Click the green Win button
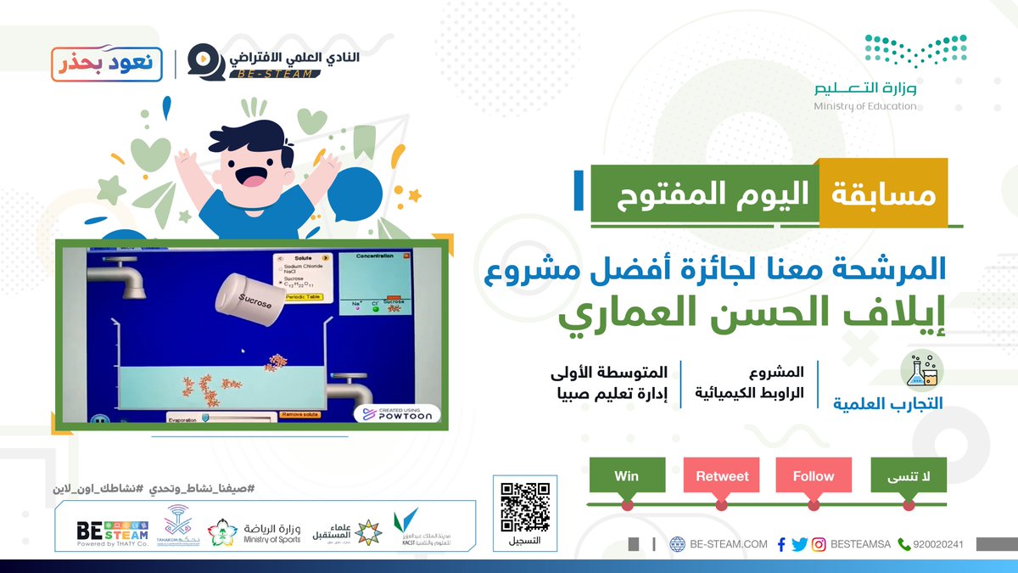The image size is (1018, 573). pos(626,476)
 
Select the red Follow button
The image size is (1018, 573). pos(814,476)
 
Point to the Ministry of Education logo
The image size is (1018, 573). pos(891,72)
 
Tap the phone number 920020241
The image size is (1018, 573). pos(937,544)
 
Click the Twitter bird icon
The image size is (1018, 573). pos(799,544)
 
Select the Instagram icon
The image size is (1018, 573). pos(819,544)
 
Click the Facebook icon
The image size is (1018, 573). pos(781,544)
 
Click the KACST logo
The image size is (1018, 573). pos(406,528)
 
